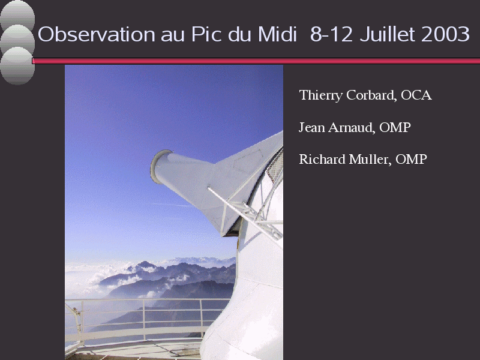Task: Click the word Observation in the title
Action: pyautogui.click(x=97, y=34)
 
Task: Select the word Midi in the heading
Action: pyautogui.click(x=277, y=34)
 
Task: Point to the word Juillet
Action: pyautogui.click(x=388, y=34)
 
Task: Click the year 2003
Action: pyautogui.click(x=445, y=34)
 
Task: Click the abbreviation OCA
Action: pyautogui.click(x=416, y=95)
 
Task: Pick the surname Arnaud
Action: pyautogui.click(x=352, y=127)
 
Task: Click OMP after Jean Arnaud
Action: pyautogui.click(x=395, y=127)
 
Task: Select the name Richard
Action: pyautogui.click(x=322, y=159)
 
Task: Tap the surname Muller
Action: pyautogui.click(x=370, y=160)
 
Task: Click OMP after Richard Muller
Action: pyautogui.click(x=411, y=159)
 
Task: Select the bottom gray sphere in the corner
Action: pyautogui.click(x=17, y=66)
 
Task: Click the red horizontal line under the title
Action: pyautogui.click(x=256, y=61)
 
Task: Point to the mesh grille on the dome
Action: pyautogui.click(x=275, y=166)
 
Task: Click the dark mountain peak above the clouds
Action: pyautogui.click(x=145, y=265)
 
